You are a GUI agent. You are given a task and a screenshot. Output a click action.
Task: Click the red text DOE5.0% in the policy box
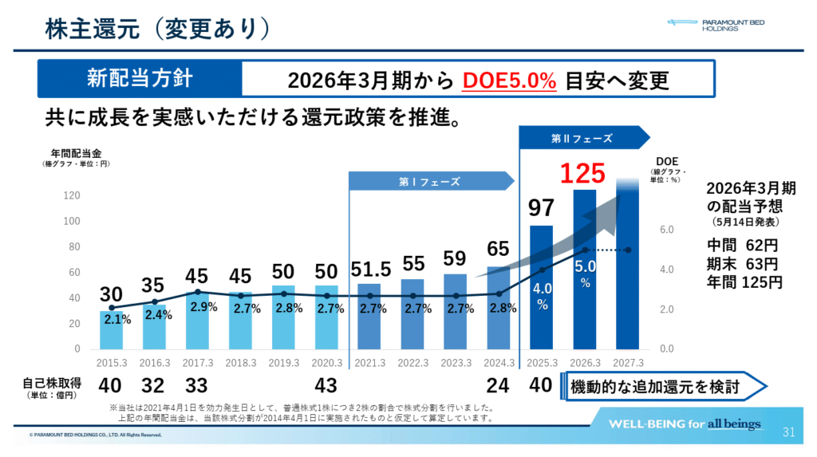pos(509,81)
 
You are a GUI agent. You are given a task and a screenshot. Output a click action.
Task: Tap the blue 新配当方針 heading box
pos(140,80)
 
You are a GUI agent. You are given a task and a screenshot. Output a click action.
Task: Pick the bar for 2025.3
pos(542,287)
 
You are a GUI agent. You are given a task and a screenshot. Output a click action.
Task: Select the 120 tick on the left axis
pos(72,195)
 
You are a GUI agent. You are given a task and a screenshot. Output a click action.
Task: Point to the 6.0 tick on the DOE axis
pos(667,230)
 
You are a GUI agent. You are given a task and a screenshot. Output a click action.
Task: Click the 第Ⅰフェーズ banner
pos(430,182)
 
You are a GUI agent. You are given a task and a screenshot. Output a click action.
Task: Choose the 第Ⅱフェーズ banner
pos(582,138)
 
